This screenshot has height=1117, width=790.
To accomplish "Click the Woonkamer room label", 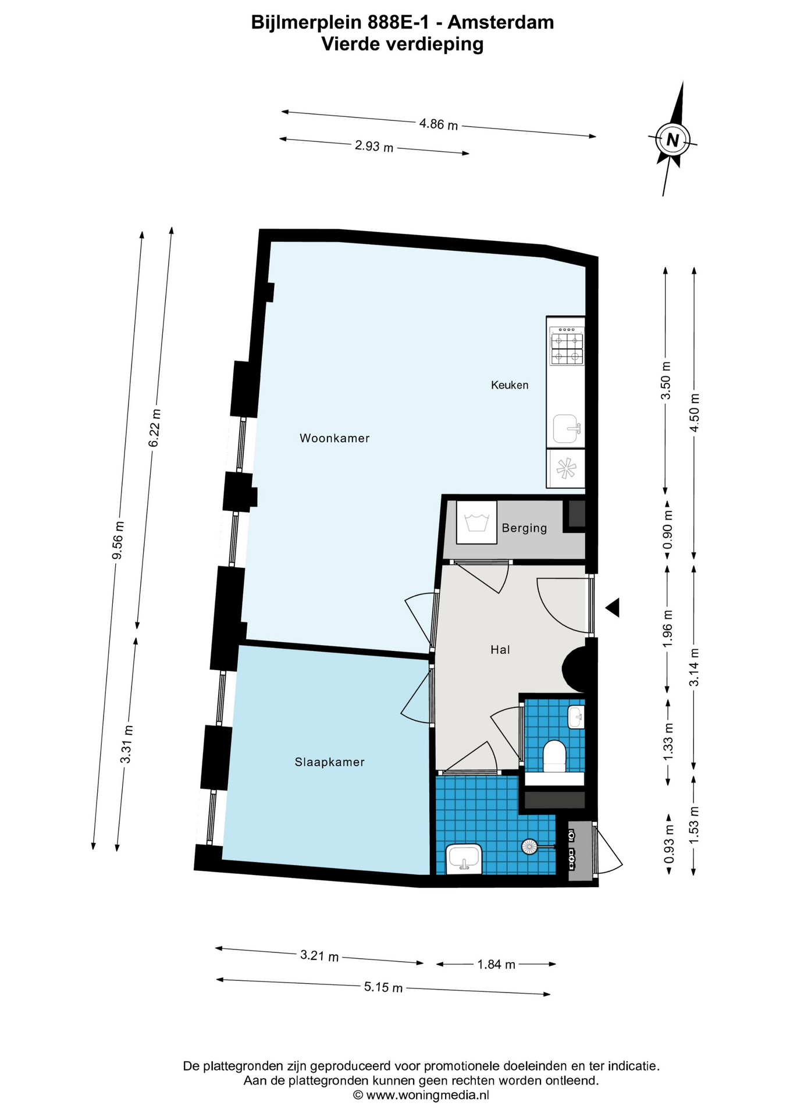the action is [334, 438].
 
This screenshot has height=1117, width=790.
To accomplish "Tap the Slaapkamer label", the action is [330, 762].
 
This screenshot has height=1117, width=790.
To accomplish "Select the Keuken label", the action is [510, 385].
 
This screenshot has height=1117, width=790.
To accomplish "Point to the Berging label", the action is [524, 528].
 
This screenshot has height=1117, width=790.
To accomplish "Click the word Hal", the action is [500, 649].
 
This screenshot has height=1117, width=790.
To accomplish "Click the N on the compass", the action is [673, 140].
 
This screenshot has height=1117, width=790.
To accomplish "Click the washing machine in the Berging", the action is [476, 522].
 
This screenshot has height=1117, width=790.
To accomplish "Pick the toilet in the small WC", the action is [554, 756].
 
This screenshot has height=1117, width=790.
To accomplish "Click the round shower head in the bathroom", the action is [529, 846].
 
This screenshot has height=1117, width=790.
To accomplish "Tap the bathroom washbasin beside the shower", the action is [464, 859].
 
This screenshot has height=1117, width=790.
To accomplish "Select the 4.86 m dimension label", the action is [439, 124].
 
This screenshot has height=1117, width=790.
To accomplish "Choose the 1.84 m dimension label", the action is [496, 964].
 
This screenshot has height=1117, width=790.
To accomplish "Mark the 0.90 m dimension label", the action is [668, 529].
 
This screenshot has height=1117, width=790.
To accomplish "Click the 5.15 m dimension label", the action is [383, 987].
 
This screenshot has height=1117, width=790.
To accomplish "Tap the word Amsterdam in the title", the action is [501, 22].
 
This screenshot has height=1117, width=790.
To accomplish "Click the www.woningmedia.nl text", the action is [428, 1094].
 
